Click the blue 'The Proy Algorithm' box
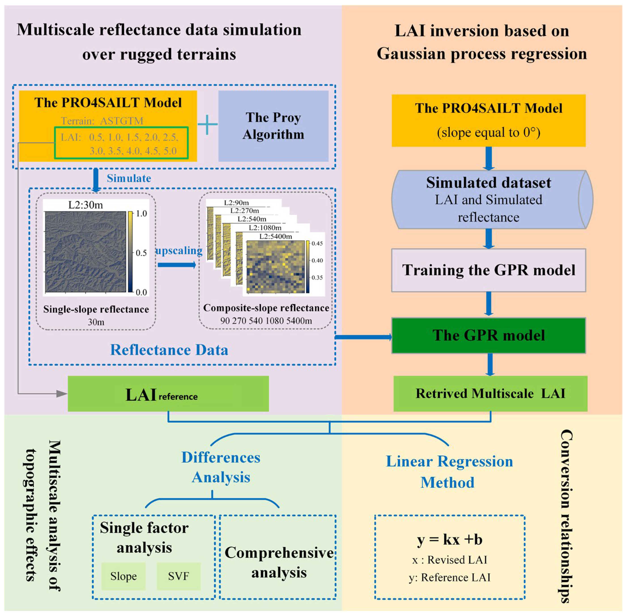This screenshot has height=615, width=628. click(x=273, y=126)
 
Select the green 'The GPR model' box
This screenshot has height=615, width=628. click(x=488, y=335)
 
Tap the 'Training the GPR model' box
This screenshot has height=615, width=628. click(x=488, y=270)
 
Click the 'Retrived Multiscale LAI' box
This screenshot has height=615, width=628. click(x=490, y=393)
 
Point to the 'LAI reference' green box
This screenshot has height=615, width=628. click(x=168, y=393)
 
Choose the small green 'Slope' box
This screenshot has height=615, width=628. click(x=123, y=576)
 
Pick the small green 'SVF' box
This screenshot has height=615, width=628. click(x=178, y=576)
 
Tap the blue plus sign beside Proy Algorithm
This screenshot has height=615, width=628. click(x=207, y=124)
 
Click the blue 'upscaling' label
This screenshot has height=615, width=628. click(x=179, y=251)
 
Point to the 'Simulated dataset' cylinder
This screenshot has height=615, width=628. click(x=488, y=200)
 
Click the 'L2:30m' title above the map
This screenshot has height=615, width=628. click(x=85, y=205)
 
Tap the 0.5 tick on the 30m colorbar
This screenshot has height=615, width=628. click(x=141, y=253)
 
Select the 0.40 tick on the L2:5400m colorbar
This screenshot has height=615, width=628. click(x=317, y=260)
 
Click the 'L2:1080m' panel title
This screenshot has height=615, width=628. click(x=265, y=228)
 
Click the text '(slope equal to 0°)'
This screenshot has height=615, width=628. click(x=488, y=132)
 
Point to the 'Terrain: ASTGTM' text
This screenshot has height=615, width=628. click(x=102, y=121)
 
